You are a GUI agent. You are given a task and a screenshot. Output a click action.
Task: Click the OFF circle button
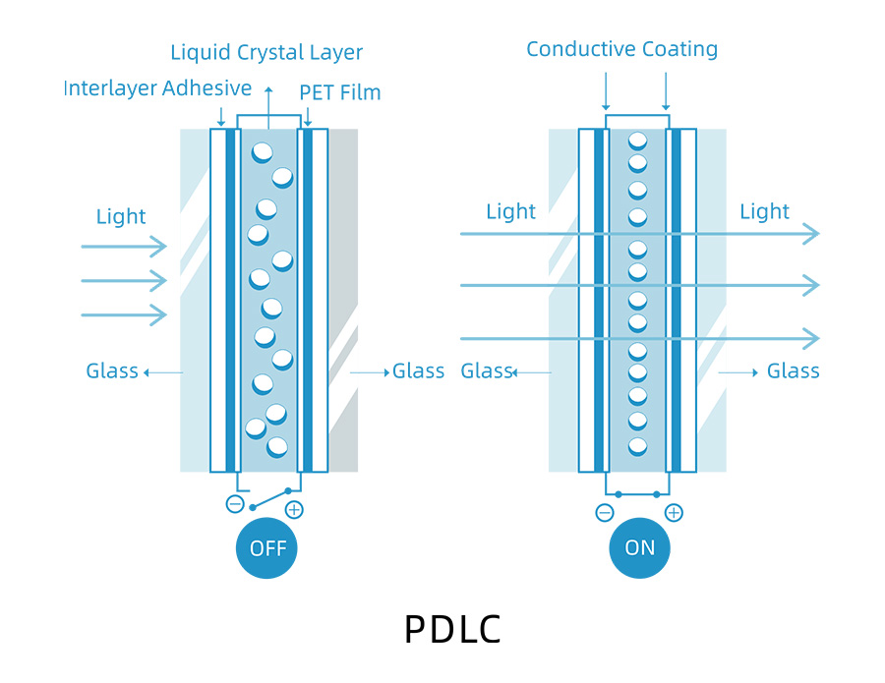coord(266,548)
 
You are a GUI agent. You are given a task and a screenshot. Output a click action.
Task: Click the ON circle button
coord(639,548)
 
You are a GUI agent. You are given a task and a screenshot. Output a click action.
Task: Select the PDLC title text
coord(452,630)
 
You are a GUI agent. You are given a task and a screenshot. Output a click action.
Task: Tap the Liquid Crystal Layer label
coord(266,53)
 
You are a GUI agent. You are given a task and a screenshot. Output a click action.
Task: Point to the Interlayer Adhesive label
coord(157,88)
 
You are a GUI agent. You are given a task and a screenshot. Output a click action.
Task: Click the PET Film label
coord(340,93)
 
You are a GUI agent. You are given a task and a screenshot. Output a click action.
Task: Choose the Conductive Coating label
coord(621,49)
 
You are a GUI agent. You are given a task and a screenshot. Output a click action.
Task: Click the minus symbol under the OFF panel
coord(235,504)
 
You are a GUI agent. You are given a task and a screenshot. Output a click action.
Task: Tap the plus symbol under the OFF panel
coord(293,509)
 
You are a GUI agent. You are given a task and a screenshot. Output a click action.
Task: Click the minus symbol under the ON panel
coord(605,512)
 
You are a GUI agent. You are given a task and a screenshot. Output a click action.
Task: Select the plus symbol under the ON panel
coord(674,512)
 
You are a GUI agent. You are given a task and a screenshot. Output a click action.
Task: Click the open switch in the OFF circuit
coord(270,498)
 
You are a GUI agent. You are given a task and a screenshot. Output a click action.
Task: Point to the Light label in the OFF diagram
coord(121,217)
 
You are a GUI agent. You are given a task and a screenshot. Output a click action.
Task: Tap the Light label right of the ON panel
coord(764,211)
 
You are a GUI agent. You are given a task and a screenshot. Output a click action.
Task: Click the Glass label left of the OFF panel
coord(111,371)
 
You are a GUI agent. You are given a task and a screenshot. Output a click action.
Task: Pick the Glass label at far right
coord(793,371)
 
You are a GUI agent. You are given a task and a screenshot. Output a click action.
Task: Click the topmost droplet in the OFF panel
coord(263,152)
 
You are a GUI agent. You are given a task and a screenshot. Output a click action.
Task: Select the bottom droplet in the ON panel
coord(637,445)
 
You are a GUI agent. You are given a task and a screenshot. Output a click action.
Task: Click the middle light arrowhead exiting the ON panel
coord(810,285)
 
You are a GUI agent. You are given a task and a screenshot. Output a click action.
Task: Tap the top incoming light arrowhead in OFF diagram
coord(159,247)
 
